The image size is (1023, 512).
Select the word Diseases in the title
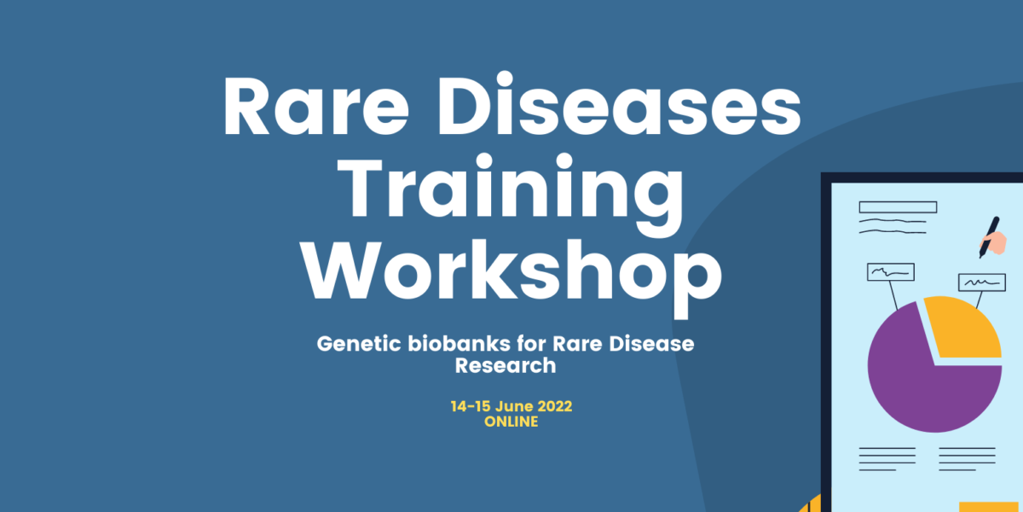click(x=620, y=104)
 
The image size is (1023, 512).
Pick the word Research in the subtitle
click(x=506, y=366)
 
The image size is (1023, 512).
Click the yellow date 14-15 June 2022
click(x=511, y=406)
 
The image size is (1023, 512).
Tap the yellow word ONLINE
click(x=511, y=422)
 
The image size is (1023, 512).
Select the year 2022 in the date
click(x=554, y=406)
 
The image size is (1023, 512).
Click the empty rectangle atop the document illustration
click(x=898, y=207)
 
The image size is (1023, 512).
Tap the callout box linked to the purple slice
click(x=891, y=272)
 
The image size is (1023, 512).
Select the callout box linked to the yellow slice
click(x=982, y=282)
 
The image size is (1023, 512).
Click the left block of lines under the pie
click(x=887, y=459)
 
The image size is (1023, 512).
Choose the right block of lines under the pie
click(x=967, y=459)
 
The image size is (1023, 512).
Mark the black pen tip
click(x=980, y=257)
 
